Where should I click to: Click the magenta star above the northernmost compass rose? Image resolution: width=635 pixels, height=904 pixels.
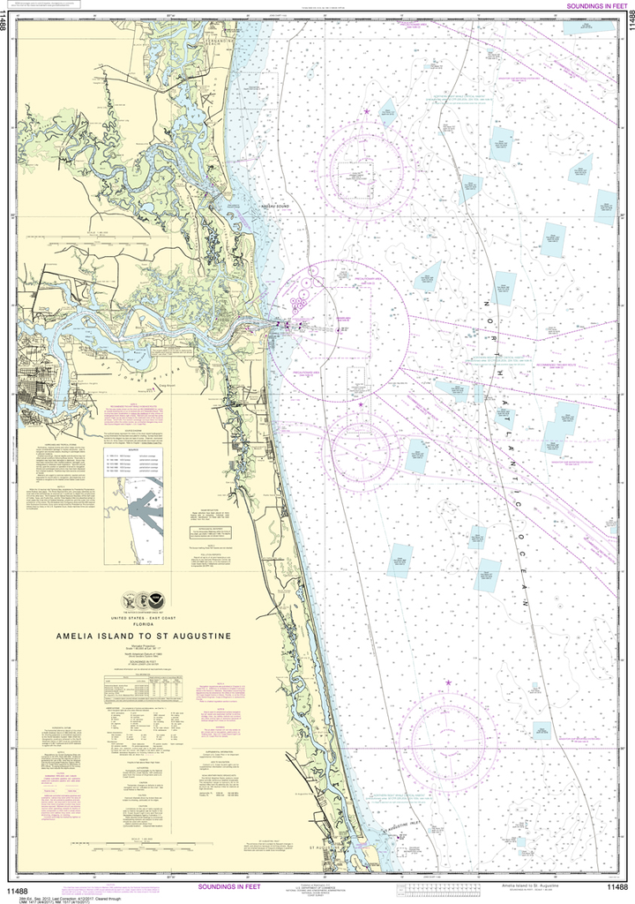pyautogui.click(x=367, y=111)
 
